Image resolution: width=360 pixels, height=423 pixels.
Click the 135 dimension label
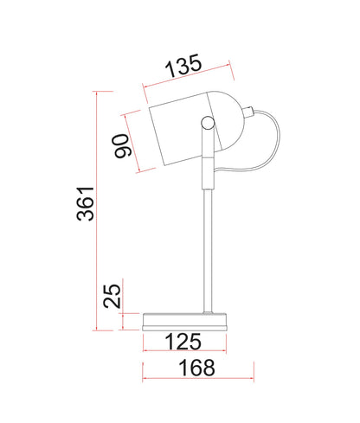(x=183, y=66)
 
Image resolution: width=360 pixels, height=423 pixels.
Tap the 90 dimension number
(x=122, y=146)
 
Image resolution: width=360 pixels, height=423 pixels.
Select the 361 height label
(x=86, y=204)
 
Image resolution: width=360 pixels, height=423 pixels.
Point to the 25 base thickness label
(x=112, y=296)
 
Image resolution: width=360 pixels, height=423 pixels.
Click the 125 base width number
(x=183, y=342)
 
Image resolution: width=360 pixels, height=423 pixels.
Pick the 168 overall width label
(x=197, y=368)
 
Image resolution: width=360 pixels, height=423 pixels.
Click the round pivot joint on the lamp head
(x=208, y=123)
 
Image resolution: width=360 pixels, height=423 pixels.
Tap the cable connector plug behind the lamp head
(x=248, y=112)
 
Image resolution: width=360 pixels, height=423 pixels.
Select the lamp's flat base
(x=185, y=322)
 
